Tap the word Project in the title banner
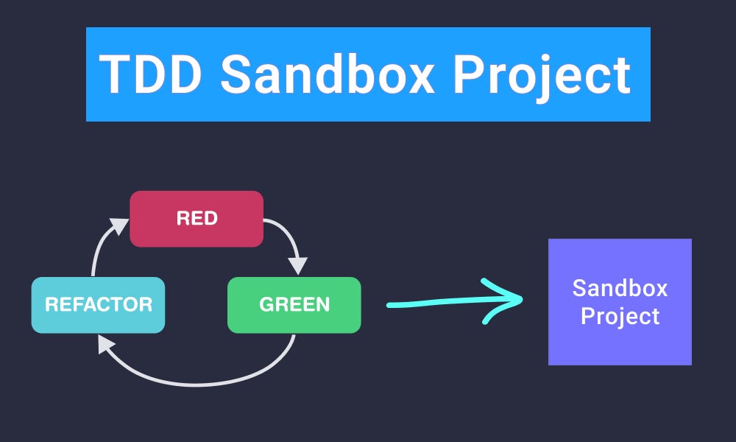pyautogui.click(x=541, y=75)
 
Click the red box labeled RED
pyautogui.click(x=197, y=219)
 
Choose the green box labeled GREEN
pyautogui.click(x=294, y=305)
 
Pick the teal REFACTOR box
pyautogui.click(x=98, y=305)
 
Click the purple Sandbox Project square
pyautogui.click(x=620, y=302)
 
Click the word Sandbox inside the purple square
pyautogui.click(x=620, y=287)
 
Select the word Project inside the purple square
pyautogui.click(x=620, y=317)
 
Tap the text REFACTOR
pyautogui.click(x=98, y=304)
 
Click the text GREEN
pyautogui.click(x=294, y=304)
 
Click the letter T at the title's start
pyautogui.click(x=112, y=74)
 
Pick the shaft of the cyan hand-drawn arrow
pyautogui.click(x=442, y=303)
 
